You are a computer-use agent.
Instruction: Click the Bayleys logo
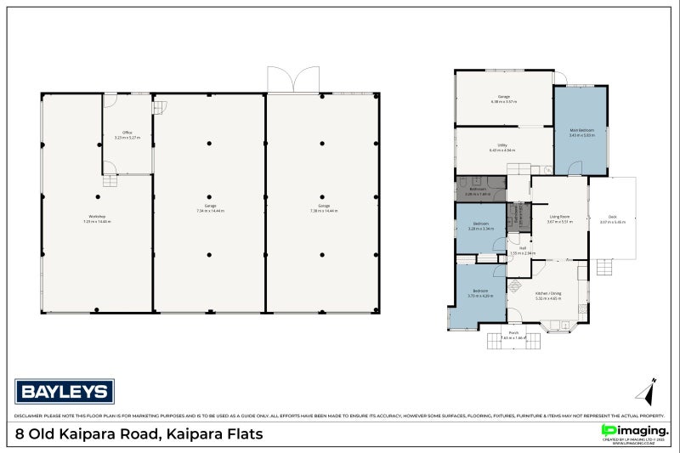click(x=65, y=392)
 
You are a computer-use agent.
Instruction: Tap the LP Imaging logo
click(x=632, y=432)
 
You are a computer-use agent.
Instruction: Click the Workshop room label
click(x=97, y=217)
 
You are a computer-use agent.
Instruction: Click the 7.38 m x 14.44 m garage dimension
click(x=324, y=210)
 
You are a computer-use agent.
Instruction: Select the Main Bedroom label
click(x=581, y=130)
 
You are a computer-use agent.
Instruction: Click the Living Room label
click(x=559, y=217)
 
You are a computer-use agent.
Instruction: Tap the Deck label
click(x=612, y=217)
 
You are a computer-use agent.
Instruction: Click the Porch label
click(x=513, y=332)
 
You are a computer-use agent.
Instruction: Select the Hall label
click(x=523, y=248)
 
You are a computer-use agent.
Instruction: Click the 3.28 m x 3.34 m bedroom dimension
click(x=482, y=229)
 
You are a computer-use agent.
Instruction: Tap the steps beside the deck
click(x=604, y=269)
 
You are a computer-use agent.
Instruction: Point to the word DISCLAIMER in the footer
click(x=30, y=416)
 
